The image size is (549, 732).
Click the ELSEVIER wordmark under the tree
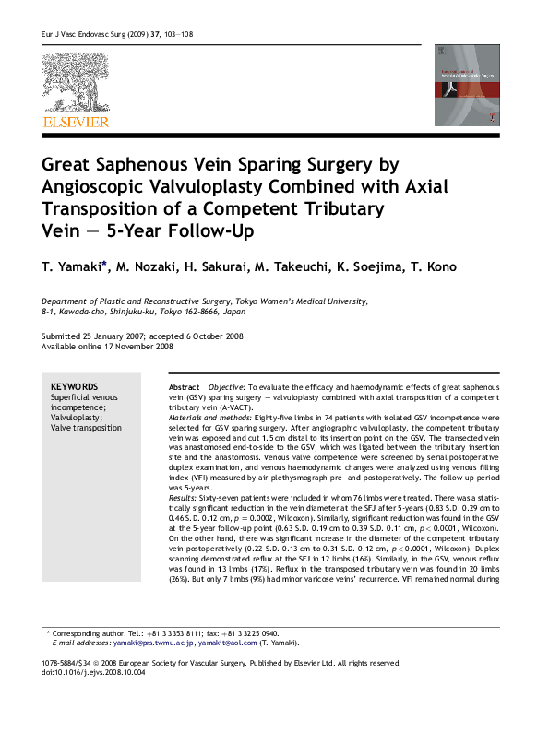75,122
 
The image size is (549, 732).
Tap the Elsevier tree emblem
75,81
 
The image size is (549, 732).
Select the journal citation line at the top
115,34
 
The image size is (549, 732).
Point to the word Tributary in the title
340,209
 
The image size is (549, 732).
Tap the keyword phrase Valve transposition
86,428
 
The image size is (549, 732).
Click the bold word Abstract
185,387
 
